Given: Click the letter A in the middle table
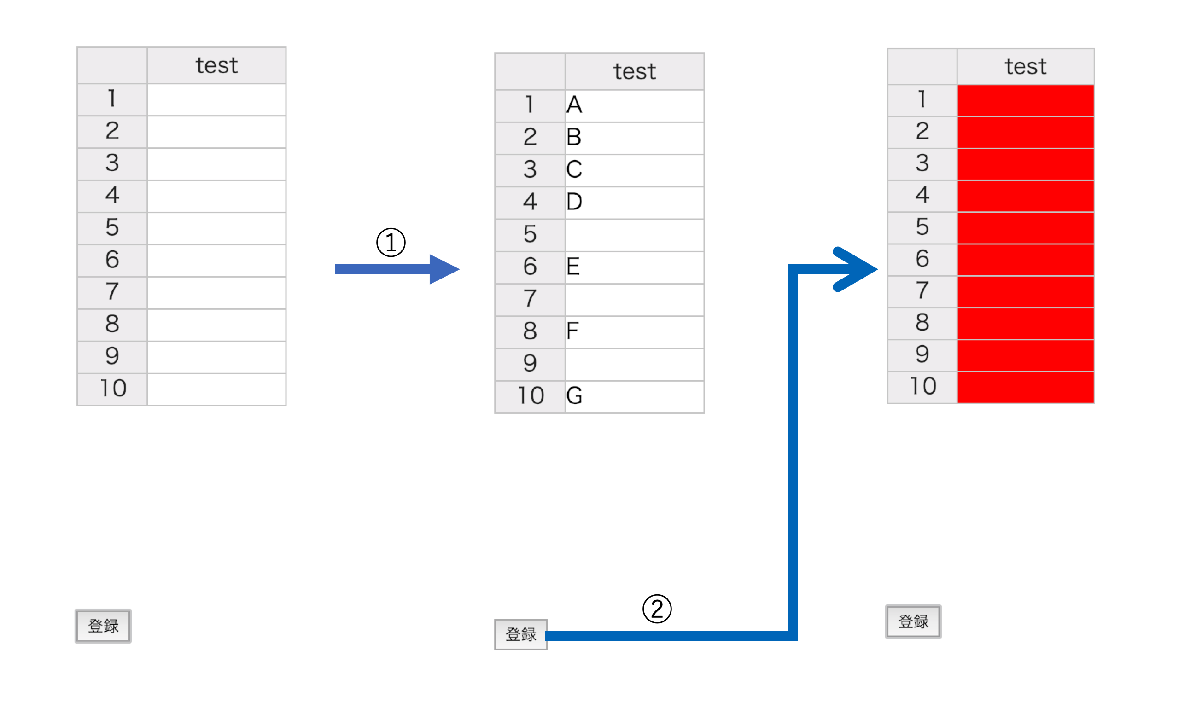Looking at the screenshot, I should coord(574,105).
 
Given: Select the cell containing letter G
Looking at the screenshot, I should coord(634,396).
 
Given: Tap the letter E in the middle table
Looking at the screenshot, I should coord(573,267).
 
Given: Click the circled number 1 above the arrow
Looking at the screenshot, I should coord(391,243).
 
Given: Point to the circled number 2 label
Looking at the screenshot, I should coord(657,610).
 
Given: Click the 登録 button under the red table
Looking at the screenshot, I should coord(913,621).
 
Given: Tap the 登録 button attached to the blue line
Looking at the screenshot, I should coord(520,635).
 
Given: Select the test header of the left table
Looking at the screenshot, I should coord(216,65).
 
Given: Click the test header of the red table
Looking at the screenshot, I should coord(1025,66).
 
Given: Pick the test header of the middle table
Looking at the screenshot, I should coord(635,72).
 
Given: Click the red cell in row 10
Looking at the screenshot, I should coord(1025,387).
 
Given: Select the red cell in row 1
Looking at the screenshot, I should coord(1025,100).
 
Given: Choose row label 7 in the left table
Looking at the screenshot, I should coord(112,292).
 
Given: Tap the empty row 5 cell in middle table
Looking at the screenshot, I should coord(634,235).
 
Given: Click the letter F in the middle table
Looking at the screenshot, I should coord(572,331).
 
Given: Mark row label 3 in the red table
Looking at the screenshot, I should coord(922,163).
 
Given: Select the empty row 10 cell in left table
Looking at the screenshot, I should coord(216,389).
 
